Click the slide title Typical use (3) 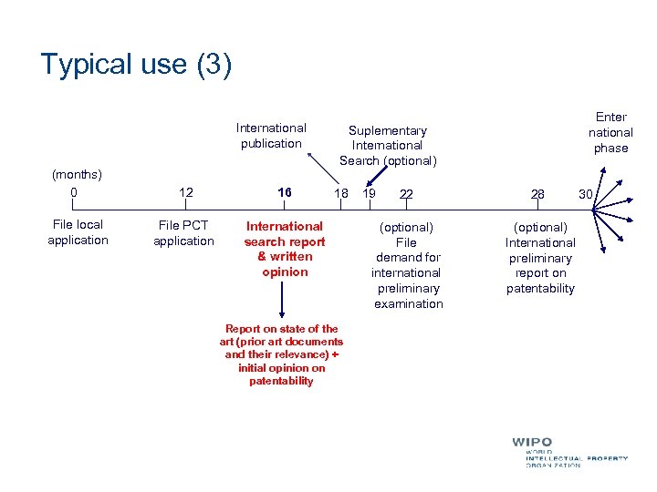136,65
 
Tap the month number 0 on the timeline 74,192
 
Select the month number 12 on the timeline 186,192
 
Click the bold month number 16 285,193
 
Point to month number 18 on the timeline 341,193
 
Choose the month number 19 370,193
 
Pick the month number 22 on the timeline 405,194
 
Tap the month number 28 537,194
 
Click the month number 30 586,193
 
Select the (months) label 77,173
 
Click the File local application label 78,232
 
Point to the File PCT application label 183,233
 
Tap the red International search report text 285,249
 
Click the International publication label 271,135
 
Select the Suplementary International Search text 388,146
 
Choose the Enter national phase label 610,132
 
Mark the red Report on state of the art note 281,354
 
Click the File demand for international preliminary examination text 408,265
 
